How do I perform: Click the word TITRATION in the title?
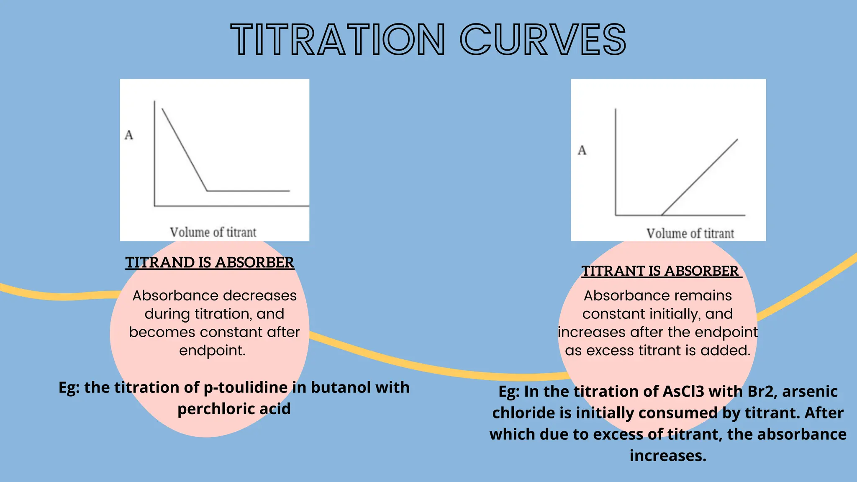point(338,40)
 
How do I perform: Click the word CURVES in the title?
point(543,40)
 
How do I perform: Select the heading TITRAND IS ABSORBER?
point(210,262)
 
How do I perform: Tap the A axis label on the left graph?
point(129,135)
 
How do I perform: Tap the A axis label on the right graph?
point(582,150)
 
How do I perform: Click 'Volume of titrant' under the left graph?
point(213,232)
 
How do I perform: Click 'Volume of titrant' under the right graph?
point(690,233)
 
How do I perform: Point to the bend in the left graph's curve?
point(207,191)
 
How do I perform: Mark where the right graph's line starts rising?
point(662,215)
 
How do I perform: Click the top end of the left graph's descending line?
point(162,109)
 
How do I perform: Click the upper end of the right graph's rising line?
point(737,140)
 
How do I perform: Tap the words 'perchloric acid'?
point(234,409)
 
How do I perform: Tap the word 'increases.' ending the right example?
point(668,456)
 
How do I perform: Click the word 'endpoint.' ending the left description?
point(212,351)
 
